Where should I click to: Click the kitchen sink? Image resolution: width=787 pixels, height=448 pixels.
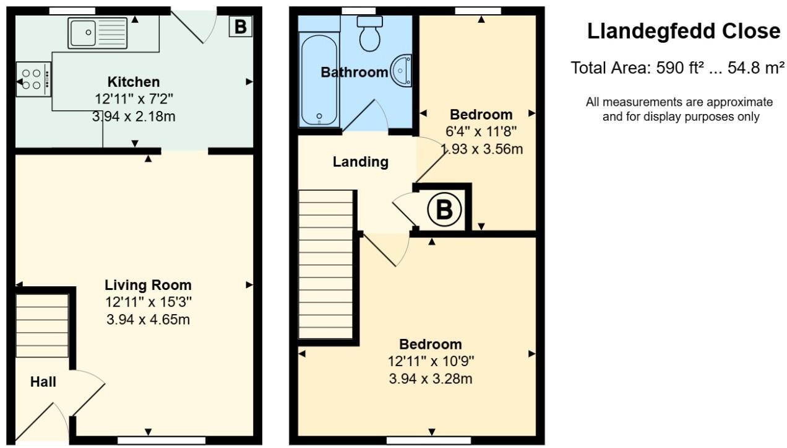pyautogui.click(x=98, y=33)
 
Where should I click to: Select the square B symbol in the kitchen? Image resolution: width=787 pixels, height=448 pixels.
pyautogui.click(x=240, y=27)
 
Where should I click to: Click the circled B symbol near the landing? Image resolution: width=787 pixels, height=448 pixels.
pyautogui.click(x=444, y=209)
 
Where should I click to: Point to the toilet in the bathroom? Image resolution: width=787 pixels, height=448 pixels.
pyautogui.click(x=371, y=35)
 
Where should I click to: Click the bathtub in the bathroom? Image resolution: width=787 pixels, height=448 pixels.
pyautogui.click(x=318, y=79)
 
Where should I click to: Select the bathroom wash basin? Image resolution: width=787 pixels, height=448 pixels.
pyautogui.click(x=402, y=71)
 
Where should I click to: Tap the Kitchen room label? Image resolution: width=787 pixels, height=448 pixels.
pyautogui.click(x=134, y=82)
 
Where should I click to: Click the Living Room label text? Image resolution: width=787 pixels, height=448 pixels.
pyautogui.click(x=148, y=285)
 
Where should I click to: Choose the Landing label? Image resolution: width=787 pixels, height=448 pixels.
pyautogui.click(x=361, y=162)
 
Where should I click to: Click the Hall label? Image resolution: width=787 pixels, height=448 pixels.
pyautogui.click(x=43, y=382)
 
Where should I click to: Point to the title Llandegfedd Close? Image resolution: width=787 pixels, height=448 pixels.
pyautogui.click(x=684, y=31)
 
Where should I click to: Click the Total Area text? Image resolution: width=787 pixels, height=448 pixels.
pyautogui.click(x=677, y=68)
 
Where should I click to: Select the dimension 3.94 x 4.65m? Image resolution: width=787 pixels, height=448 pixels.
pyautogui.click(x=148, y=320)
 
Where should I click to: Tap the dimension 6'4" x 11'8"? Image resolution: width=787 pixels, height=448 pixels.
pyautogui.click(x=481, y=131)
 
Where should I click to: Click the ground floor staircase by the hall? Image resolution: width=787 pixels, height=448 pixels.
pyautogui.click(x=42, y=325)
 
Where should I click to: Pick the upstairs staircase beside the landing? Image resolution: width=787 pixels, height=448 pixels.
pyautogui.click(x=325, y=265)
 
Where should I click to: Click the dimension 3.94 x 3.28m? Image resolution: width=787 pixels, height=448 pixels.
pyautogui.click(x=431, y=379)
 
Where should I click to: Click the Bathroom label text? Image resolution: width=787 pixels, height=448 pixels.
pyautogui.click(x=354, y=72)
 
